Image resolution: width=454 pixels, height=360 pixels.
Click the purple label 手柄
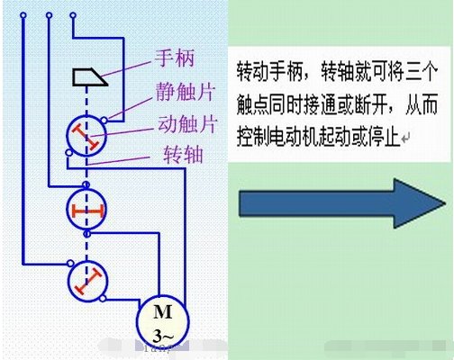[175, 58]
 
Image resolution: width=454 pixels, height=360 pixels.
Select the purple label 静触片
[186, 91]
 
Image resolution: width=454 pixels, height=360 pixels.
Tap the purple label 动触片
[187, 124]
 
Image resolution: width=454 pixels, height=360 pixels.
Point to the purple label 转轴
[183, 155]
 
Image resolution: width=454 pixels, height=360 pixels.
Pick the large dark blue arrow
[341, 203]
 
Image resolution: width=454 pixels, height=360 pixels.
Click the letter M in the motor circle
[162, 311]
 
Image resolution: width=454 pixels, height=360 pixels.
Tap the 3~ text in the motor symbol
[163, 336]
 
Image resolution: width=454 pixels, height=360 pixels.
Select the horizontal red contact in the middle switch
[87, 211]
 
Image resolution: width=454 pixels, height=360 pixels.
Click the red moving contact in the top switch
[86, 137]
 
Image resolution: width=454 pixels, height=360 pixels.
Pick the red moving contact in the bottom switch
[88, 281]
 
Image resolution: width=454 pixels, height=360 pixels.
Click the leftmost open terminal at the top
[23, 15]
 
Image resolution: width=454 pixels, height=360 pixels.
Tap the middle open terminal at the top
[50, 15]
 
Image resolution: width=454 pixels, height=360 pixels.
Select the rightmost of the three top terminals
[73, 15]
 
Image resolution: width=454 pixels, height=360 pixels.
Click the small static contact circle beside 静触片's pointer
[104, 120]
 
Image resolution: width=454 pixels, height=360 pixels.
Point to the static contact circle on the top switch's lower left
[68, 153]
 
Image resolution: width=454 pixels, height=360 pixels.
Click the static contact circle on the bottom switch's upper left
[70, 263]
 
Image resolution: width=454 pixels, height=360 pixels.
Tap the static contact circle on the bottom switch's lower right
[103, 298]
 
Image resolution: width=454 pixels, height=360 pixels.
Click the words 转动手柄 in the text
[269, 72]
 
